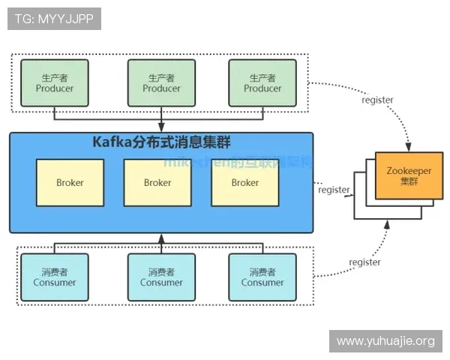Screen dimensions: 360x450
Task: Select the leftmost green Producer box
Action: [55, 82]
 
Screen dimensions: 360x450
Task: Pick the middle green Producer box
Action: [161, 82]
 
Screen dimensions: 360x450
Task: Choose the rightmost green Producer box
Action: [262, 82]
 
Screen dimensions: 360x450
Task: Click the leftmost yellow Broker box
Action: [70, 182]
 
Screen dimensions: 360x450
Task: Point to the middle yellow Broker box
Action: [157, 182]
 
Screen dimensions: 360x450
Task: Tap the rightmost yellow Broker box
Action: [244, 182]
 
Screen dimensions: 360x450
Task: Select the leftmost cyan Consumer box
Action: [55, 277]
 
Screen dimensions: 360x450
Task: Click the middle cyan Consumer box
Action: [161, 277]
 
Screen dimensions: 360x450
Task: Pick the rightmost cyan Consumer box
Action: [262, 277]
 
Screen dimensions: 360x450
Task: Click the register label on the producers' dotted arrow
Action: [376, 100]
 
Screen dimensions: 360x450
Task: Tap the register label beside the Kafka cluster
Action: [334, 190]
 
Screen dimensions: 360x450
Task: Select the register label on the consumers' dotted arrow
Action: [364, 262]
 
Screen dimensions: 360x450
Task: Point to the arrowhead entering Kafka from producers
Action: [161, 128]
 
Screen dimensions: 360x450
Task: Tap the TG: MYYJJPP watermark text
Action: [54, 19]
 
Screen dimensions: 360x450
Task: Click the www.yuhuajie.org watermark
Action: [385, 341]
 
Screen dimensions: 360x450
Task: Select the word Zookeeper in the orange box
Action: [409, 170]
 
